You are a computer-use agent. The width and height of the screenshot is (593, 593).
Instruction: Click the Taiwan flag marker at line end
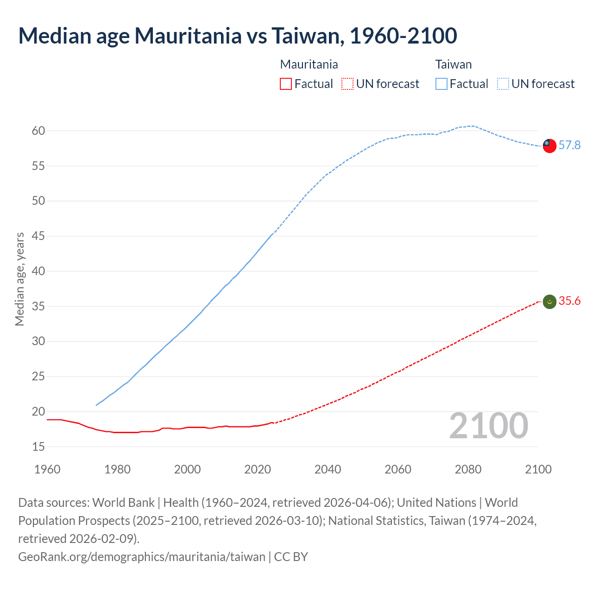click(549, 145)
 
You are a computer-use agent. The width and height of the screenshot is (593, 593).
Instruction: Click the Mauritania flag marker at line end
click(549, 302)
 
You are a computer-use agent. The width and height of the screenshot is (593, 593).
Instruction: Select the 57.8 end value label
click(569, 145)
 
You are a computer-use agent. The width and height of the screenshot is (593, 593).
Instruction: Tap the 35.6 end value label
click(569, 301)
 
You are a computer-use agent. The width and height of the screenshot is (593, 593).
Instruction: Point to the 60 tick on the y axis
click(38, 131)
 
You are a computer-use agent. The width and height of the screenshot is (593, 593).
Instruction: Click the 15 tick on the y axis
click(38, 447)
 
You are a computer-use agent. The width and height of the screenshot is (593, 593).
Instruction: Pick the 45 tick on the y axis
click(38, 236)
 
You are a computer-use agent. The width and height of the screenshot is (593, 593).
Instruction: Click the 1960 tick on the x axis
click(47, 469)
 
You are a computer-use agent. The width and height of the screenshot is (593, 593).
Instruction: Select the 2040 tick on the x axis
click(328, 469)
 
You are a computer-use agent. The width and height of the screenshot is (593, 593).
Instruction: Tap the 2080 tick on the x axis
click(468, 469)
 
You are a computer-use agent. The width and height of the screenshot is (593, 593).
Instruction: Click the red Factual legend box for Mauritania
click(286, 84)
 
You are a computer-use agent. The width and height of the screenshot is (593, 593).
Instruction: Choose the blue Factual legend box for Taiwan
click(442, 84)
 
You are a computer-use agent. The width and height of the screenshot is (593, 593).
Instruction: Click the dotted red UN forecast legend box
click(347, 84)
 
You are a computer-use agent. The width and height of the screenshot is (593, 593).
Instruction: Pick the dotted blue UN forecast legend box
click(503, 84)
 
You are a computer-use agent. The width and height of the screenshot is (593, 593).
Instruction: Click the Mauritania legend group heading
click(309, 64)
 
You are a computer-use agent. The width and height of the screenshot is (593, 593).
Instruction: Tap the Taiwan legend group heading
click(453, 64)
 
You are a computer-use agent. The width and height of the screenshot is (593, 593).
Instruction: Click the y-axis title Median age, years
click(20, 279)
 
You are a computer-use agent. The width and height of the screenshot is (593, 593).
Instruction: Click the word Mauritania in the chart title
click(188, 36)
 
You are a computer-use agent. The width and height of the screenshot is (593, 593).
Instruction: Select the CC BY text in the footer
click(291, 556)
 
